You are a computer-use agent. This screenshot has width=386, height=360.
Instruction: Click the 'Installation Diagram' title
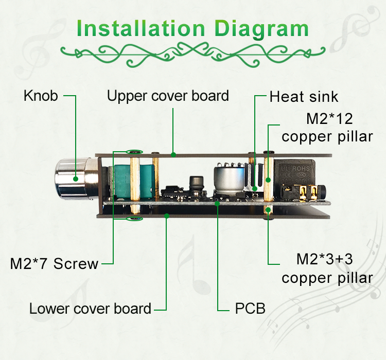[x=192, y=29]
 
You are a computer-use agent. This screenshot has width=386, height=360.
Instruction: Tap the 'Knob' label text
[x=41, y=96]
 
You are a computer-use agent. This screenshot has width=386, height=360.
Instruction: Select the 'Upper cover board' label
[x=168, y=96]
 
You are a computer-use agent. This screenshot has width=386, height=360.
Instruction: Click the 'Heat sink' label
[x=304, y=97]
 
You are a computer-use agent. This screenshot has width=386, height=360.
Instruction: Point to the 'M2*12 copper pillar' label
[x=327, y=128]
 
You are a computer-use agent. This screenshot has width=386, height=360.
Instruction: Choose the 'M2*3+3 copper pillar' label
[x=327, y=268]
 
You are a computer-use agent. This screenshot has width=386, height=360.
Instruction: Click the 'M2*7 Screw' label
[x=54, y=263]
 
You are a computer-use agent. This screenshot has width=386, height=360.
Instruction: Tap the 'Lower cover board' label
[x=90, y=309]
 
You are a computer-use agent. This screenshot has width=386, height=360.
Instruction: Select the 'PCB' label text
[x=250, y=309]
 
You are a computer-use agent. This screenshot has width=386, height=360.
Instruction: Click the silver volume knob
[x=74, y=179]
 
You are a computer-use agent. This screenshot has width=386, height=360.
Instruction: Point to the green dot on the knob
[x=76, y=179]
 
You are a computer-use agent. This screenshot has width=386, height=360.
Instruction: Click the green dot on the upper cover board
[x=173, y=154]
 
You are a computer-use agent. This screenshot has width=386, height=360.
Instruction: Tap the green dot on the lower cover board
[x=167, y=216]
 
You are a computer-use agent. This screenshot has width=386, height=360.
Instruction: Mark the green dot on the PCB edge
[x=217, y=204]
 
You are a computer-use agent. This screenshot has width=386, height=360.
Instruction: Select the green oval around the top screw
[x=134, y=152]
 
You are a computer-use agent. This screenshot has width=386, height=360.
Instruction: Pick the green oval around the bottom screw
[x=134, y=218]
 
